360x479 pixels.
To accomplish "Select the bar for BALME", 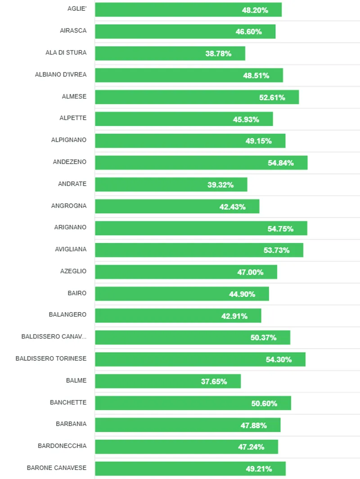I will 167,381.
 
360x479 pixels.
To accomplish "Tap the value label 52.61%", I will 272,97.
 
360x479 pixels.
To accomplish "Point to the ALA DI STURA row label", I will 66,53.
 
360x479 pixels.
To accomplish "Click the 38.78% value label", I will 218,54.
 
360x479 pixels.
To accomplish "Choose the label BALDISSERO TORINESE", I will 51,358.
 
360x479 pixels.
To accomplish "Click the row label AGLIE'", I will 76,9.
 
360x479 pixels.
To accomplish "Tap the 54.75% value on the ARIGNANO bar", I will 280,228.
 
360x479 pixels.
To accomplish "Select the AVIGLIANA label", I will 71,249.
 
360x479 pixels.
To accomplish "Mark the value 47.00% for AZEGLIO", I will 250,272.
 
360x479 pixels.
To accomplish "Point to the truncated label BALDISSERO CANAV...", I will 54,336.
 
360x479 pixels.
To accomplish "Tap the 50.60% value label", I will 264,403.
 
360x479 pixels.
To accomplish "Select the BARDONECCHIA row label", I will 62,446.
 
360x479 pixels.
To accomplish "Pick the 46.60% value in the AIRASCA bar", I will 248,31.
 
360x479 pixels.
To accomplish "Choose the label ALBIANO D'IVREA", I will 61,75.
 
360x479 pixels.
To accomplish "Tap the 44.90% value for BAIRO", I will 242,294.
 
